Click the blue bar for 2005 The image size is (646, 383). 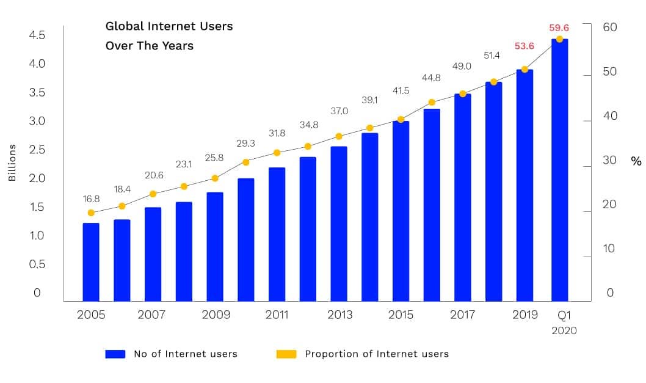point(91,262)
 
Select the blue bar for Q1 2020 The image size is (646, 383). point(559,170)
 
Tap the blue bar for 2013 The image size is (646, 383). point(339,224)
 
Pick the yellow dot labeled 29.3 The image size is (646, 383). point(246,162)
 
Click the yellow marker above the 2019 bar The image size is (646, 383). point(524,69)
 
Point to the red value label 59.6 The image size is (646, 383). point(559,27)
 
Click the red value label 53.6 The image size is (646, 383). point(524,46)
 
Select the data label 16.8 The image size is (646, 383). point(91,199)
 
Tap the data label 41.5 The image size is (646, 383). point(401,90)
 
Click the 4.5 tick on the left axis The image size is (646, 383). point(37,35)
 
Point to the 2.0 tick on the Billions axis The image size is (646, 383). point(37,178)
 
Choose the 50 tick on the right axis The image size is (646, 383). point(610,71)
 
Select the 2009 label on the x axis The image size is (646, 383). point(216,315)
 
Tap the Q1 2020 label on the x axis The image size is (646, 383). point(564,323)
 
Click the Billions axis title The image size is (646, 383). point(12,162)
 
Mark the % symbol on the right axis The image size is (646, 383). point(636,161)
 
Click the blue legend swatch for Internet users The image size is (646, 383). point(115,354)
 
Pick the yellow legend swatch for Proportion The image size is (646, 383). point(286,354)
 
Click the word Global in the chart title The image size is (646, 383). point(125,26)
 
